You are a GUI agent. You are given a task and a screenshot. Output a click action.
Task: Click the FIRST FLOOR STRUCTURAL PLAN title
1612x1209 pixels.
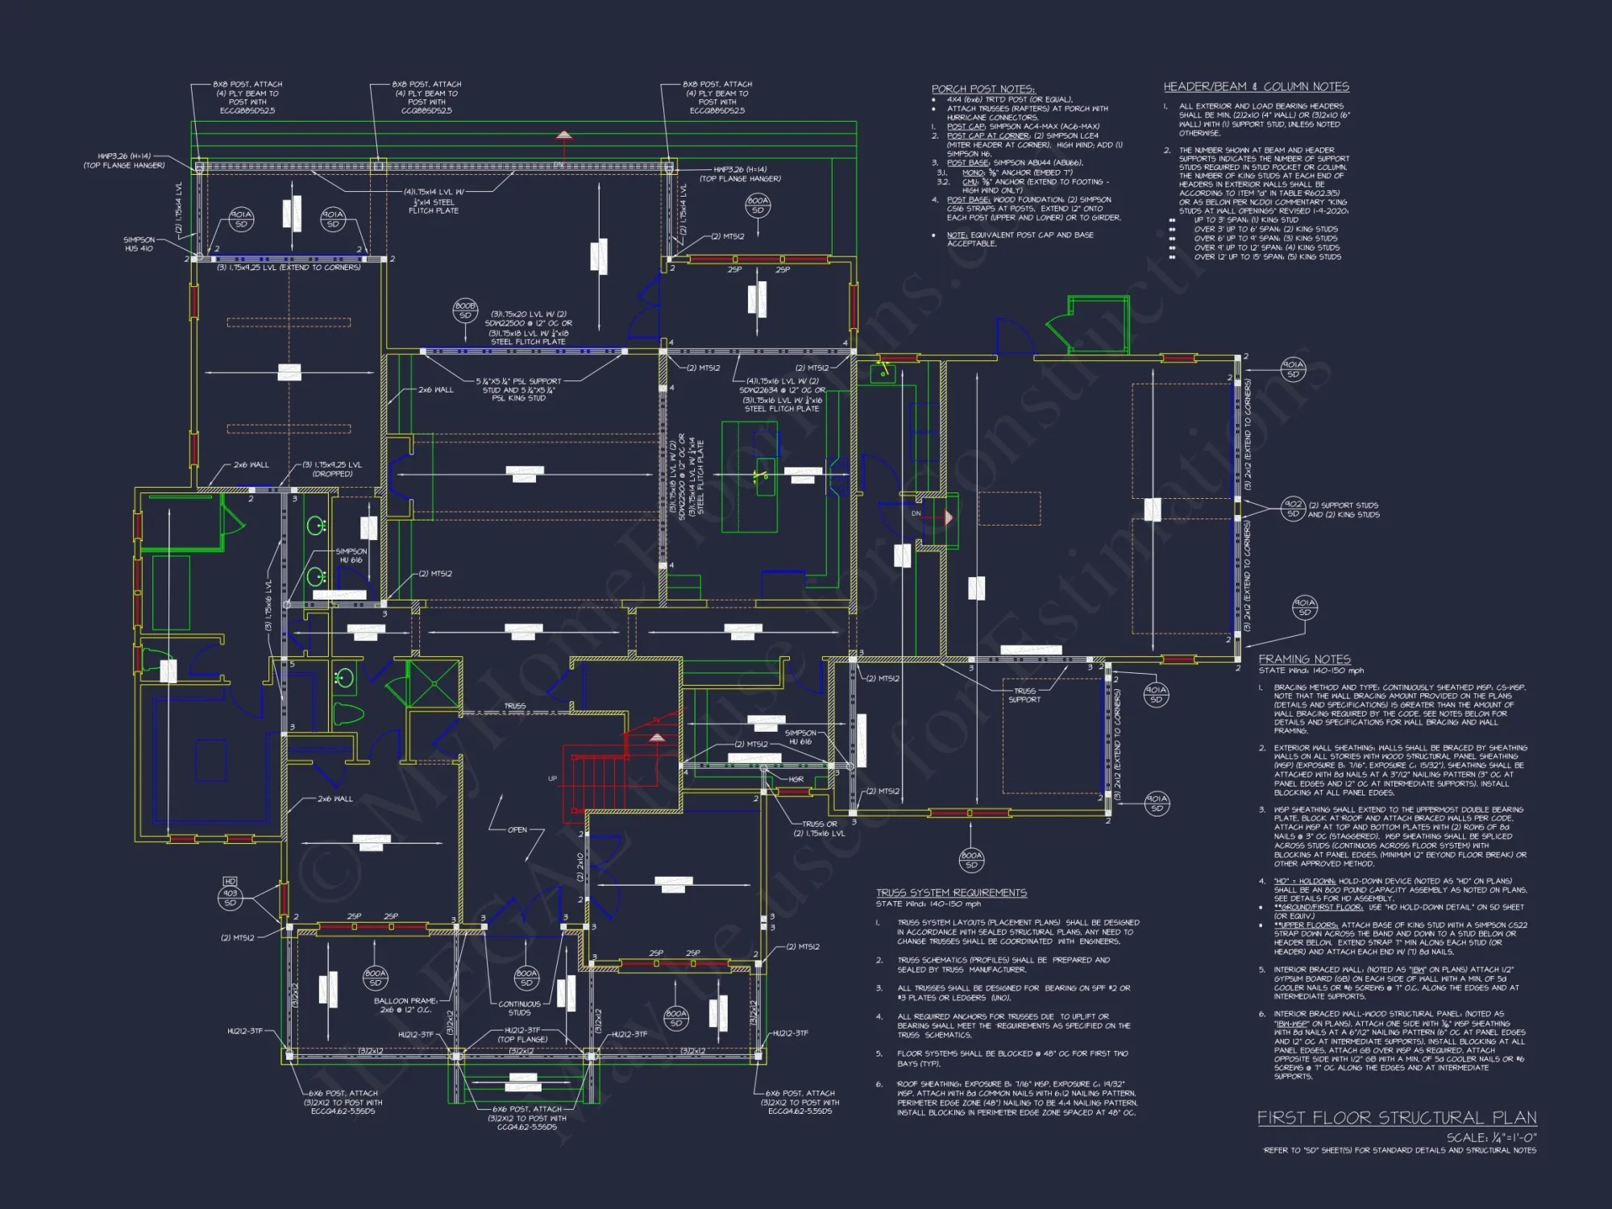point(1396,1117)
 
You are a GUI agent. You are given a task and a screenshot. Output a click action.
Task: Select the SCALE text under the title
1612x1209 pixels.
point(1491,1137)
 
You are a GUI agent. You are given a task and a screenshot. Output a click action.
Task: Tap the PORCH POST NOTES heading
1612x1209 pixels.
point(983,89)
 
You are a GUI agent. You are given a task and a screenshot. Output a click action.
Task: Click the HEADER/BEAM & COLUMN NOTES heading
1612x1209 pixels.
point(1256,86)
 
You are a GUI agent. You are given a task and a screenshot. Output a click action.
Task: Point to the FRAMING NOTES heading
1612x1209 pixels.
point(1304,659)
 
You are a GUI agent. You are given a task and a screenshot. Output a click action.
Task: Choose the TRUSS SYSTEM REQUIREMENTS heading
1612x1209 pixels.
point(951,892)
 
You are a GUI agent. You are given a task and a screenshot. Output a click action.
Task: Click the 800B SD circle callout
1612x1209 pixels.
point(465,310)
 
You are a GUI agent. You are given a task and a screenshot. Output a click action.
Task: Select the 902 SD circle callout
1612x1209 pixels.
point(1293,509)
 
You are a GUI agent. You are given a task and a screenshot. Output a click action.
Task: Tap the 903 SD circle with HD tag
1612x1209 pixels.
point(231,897)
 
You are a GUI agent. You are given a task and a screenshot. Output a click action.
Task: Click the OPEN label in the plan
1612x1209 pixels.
point(517,829)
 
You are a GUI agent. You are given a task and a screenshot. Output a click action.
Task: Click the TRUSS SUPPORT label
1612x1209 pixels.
point(1024,695)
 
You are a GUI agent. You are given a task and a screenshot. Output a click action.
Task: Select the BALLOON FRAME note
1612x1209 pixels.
point(405,1005)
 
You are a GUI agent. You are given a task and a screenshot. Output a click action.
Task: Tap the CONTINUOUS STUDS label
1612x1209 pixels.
point(519,1008)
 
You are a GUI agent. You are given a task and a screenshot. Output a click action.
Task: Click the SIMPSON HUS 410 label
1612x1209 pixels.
point(139,243)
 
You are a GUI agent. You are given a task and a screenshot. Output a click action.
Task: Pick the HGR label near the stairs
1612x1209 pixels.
point(796,779)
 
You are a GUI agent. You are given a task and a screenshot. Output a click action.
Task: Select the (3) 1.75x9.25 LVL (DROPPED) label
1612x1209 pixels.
point(332,469)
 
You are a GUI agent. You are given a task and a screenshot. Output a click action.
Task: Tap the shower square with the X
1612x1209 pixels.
point(433,682)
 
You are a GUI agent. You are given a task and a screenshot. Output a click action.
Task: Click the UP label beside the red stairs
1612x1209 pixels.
point(552,779)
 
